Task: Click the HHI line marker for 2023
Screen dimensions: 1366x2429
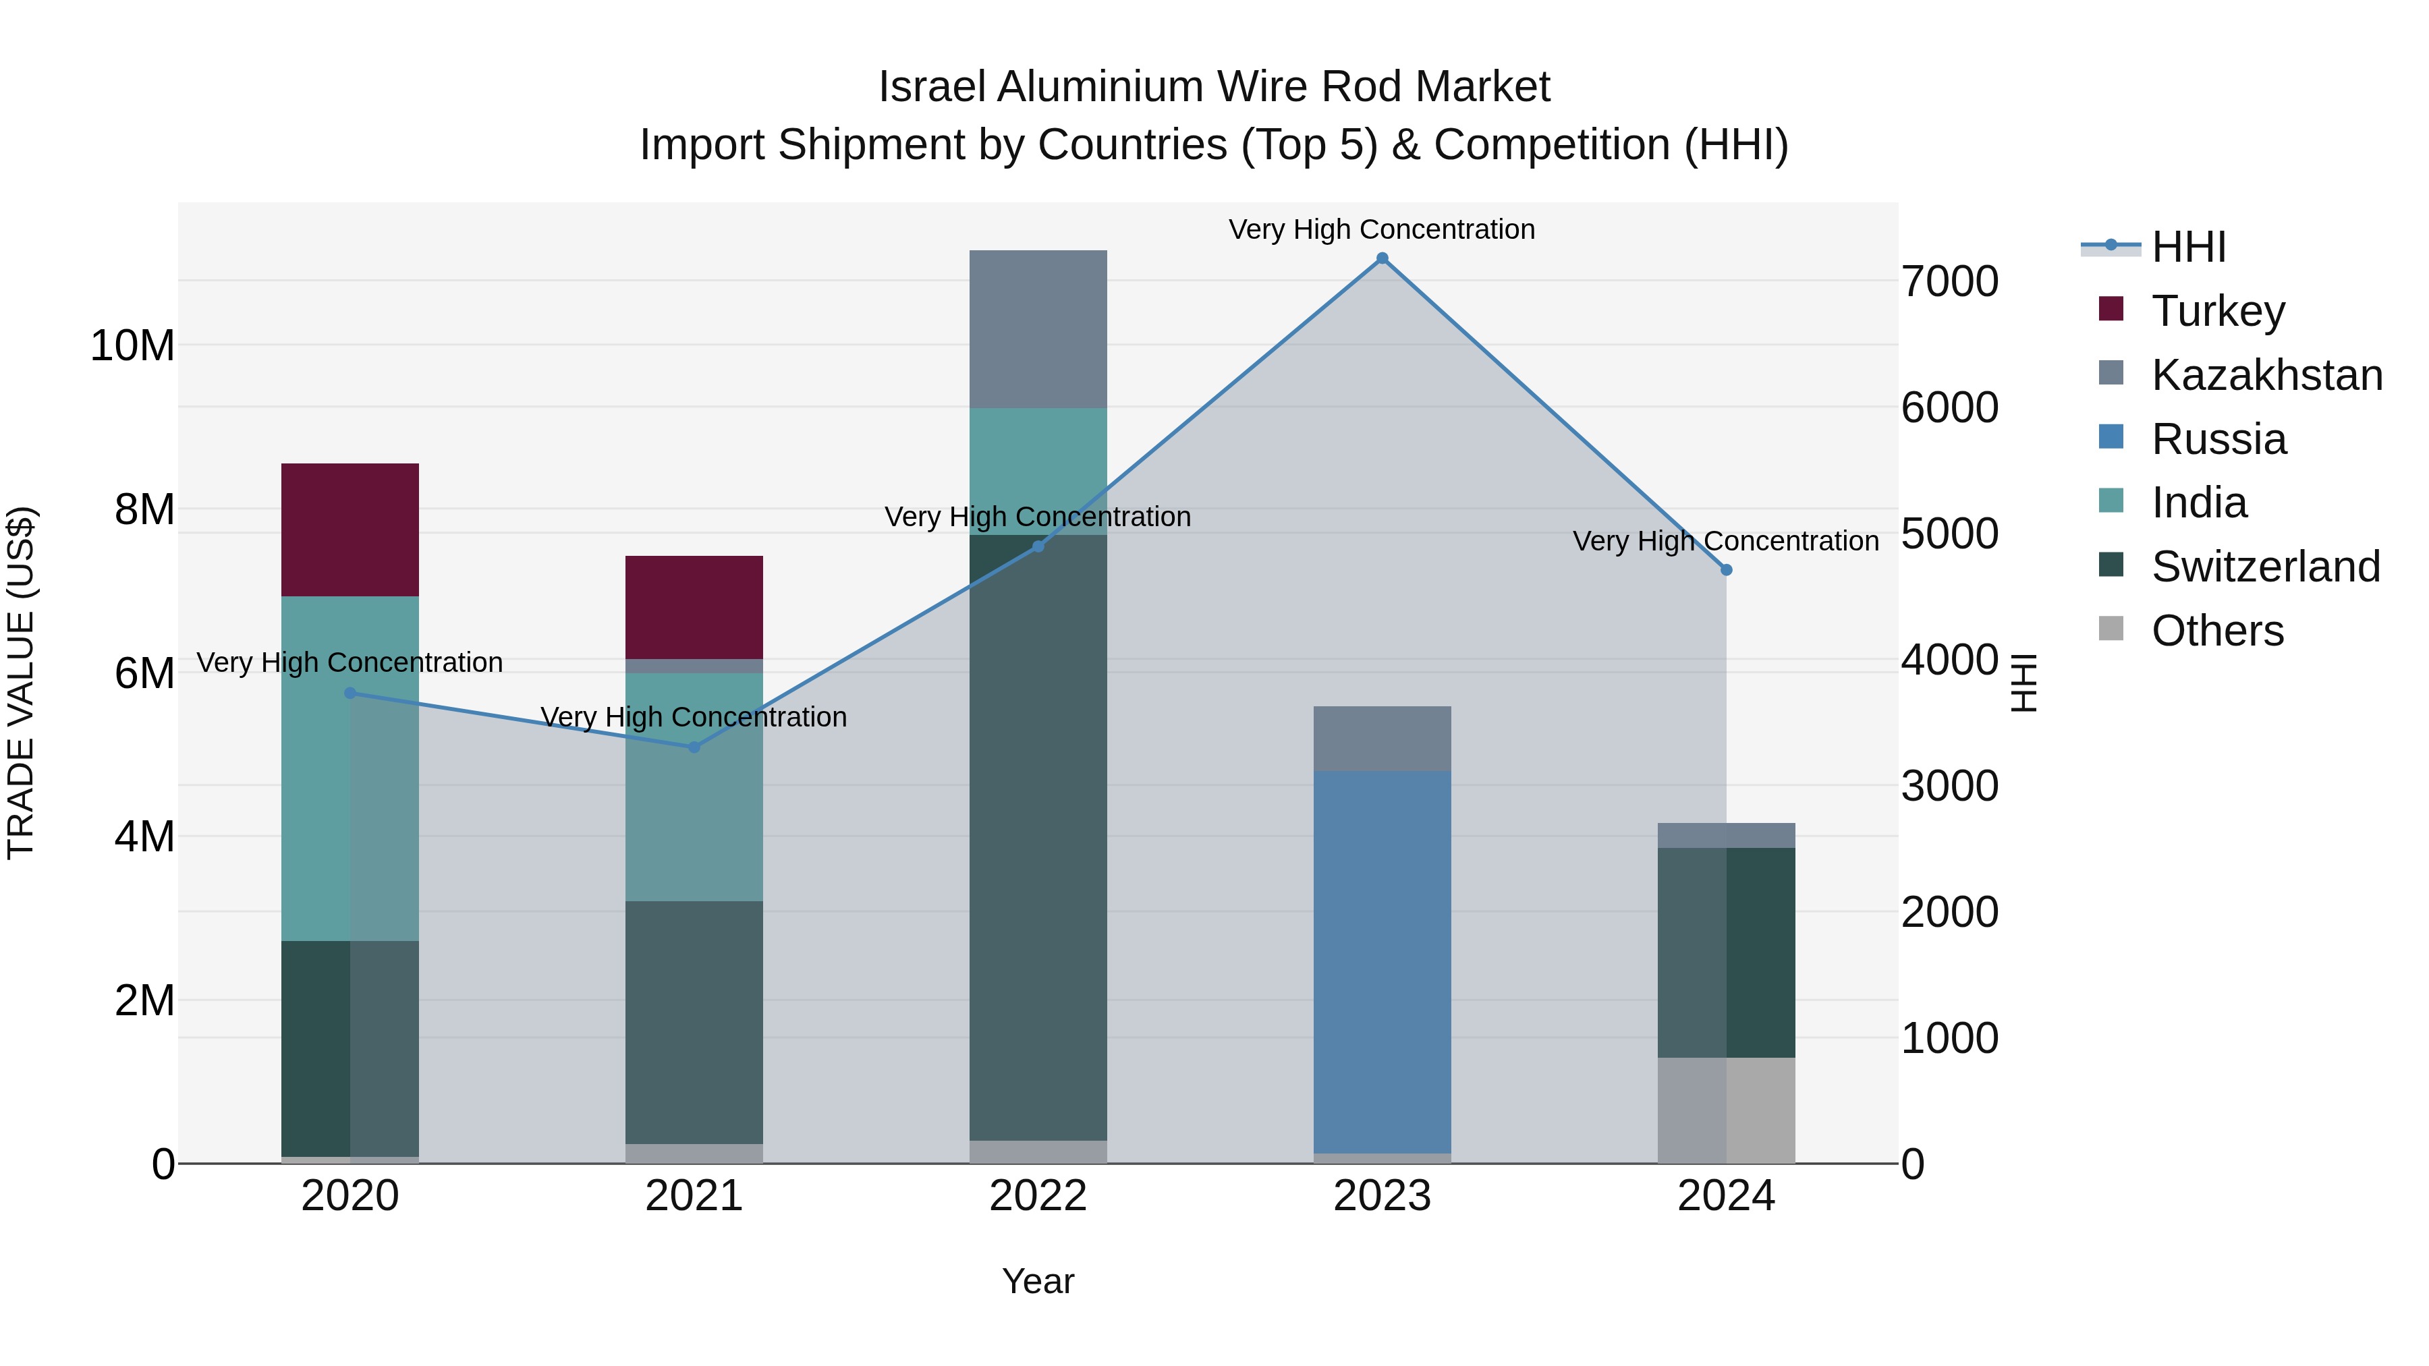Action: [x=1383, y=258]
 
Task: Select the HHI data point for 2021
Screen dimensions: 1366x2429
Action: [x=694, y=747]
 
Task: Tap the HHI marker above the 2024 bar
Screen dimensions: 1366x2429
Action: [x=1727, y=570]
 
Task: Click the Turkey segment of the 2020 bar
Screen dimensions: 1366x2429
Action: [x=350, y=530]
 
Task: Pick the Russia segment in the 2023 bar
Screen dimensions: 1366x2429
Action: [x=1383, y=961]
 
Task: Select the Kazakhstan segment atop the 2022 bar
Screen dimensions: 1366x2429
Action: [x=1038, y=329]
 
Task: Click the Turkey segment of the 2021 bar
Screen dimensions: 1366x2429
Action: [x=694, y=607]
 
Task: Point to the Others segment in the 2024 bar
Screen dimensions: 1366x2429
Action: [x=1727, y=1110]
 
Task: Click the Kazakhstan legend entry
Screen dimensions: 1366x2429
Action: [x=2267, y=375]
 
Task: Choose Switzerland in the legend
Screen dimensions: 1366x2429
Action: [x=2265, y=567]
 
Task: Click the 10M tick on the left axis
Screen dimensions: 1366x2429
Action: [x=132, y=346]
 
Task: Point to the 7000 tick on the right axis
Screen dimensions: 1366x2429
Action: [x=1949, y=282]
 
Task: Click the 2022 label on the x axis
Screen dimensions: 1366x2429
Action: [x=1038, y=1196]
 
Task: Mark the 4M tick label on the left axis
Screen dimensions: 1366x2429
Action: [x=144, y=837]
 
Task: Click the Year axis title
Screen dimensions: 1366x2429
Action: [x=1038, y=1281]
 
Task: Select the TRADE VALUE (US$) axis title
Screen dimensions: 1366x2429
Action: [x=21, y=683]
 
